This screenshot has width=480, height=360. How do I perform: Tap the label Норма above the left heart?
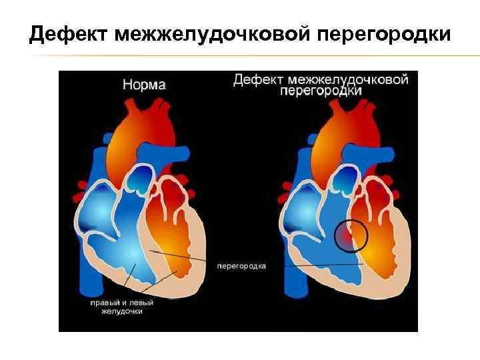point(144,85)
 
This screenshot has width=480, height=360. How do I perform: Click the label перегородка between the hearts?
point(241,266)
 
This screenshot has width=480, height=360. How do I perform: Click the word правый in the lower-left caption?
point(105,302)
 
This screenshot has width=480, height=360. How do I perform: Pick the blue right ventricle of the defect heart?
point(327,260)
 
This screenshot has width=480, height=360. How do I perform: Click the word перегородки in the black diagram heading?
point(321,91)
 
